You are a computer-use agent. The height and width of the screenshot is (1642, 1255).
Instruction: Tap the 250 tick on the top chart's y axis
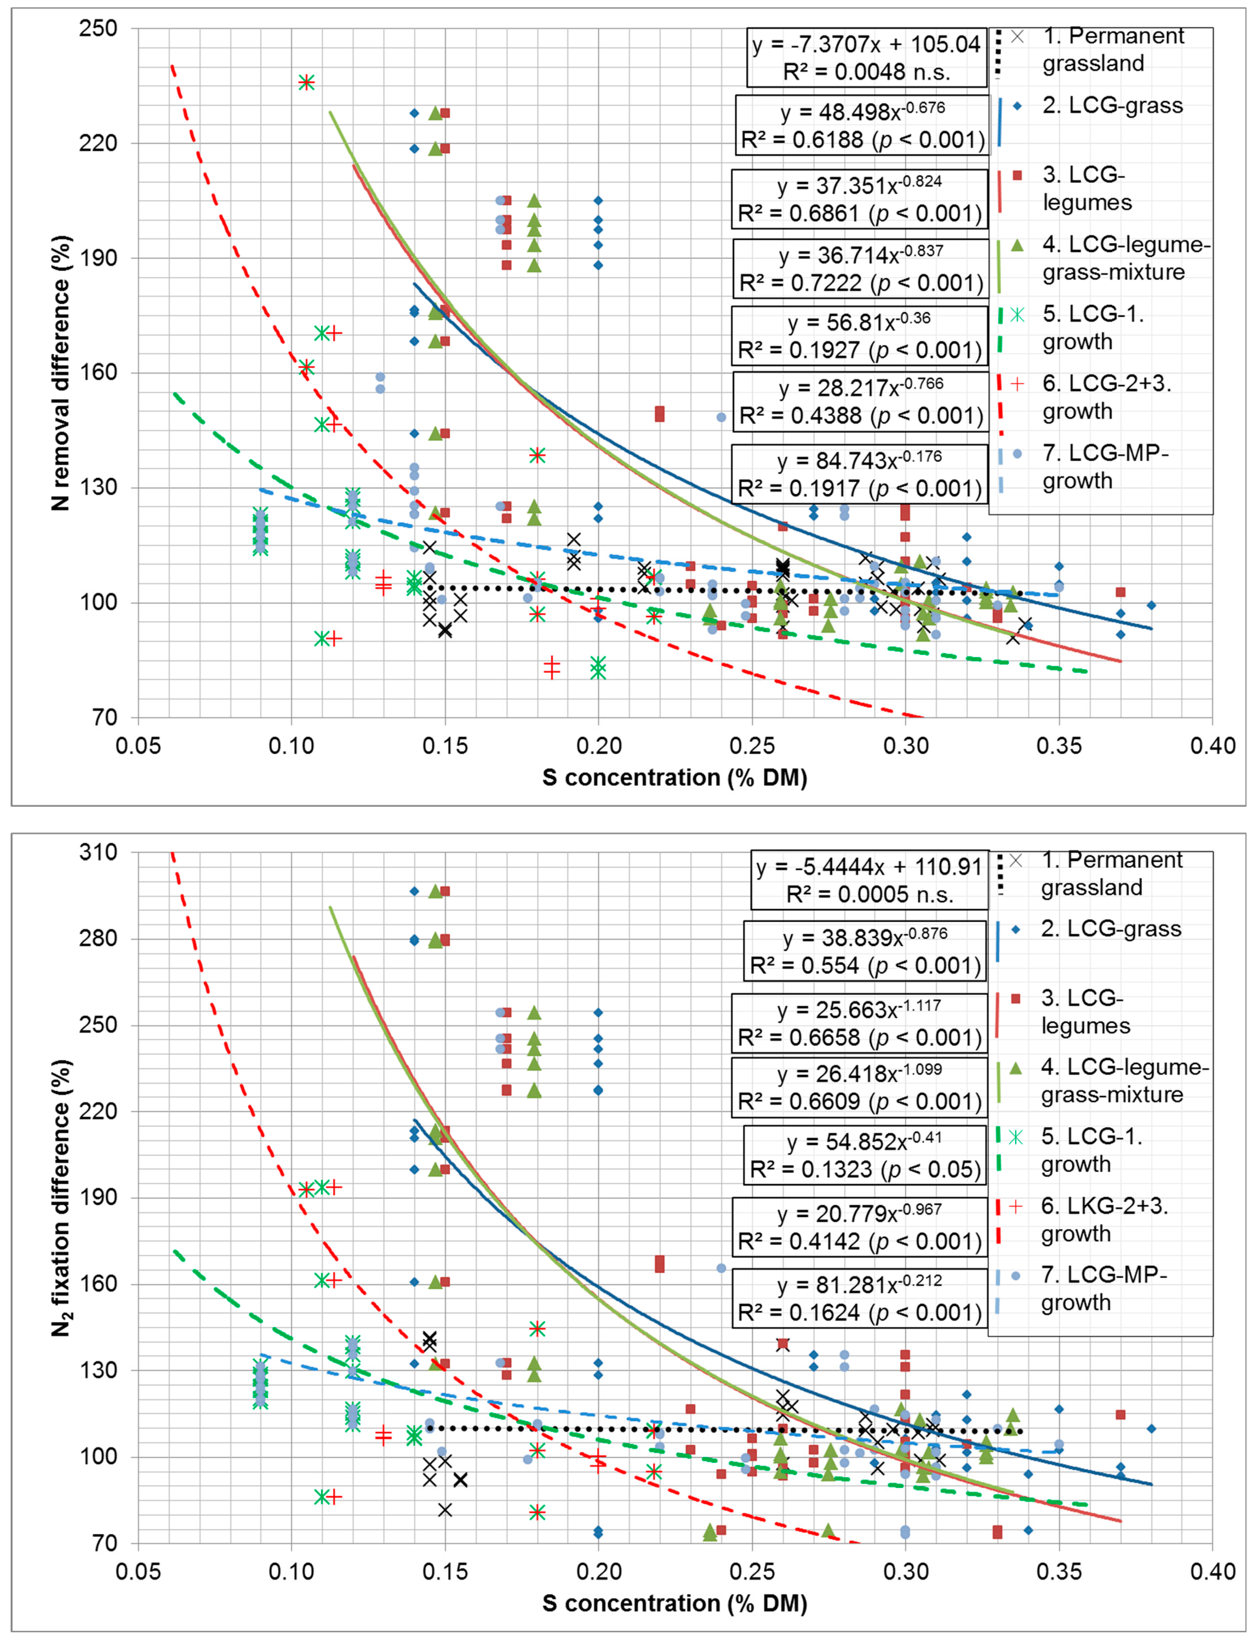(99, 28)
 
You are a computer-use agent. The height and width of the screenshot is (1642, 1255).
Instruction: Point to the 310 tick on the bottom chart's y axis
(99, 852)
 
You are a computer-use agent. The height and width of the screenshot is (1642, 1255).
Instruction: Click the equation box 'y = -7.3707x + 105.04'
(867, 57)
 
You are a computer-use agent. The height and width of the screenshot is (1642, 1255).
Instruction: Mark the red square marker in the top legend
(1017, 175)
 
